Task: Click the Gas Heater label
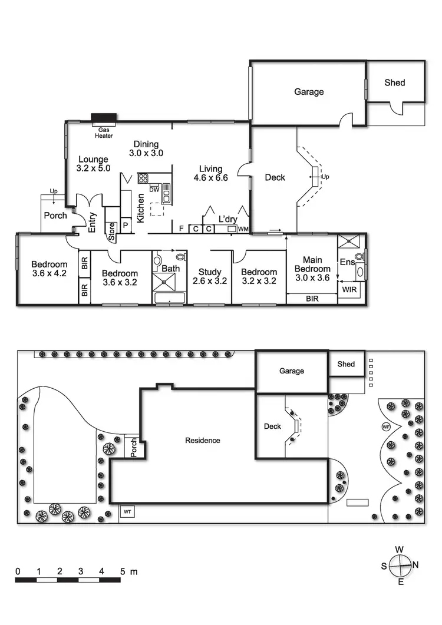click(x=105, y=132)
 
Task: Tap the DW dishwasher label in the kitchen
click(x=154, y=189)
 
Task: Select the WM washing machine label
click(x=243, y=228)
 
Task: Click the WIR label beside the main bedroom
click(x=348, y=290)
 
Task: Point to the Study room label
click(x=210, y=272)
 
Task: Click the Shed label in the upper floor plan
click(x=395, y=82)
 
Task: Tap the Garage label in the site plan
click(x=292, y=371)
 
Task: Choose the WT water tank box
click(x=127, y=512)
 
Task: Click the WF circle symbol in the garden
click(x=387, y=426)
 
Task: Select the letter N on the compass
click(x=415, y=564)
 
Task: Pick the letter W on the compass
click(x=400, y=550)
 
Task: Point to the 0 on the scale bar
click(x=18, y=571)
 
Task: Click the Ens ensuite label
click(x=347, y=262)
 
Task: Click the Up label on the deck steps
click(x=325, y=177)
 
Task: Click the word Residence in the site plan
click(x=203, y=440)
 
